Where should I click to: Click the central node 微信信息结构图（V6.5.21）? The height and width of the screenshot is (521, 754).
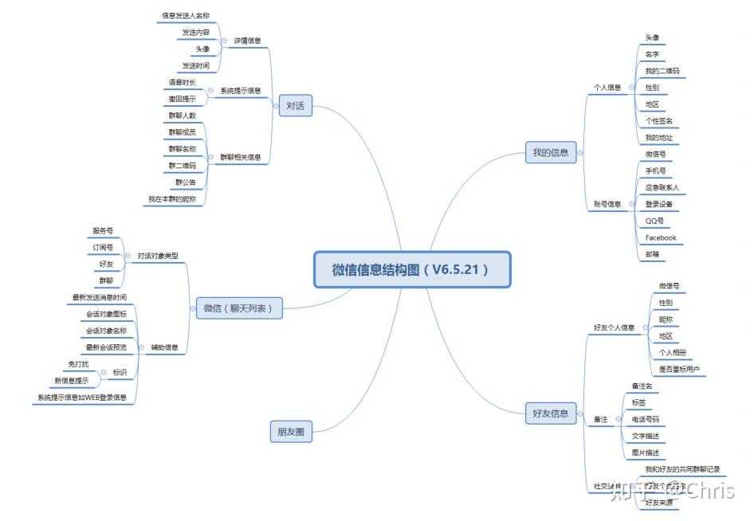[x=411, y=270]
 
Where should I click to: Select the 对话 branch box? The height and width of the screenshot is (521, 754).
[x=295, y=105]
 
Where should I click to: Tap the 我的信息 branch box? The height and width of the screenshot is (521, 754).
[x=551, y=152]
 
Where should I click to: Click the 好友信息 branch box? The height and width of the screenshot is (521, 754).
[x=551, y=413]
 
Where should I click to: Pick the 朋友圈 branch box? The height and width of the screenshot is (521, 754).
[x=290, y=432]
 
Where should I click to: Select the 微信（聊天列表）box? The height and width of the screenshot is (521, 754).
[x=239, y=308]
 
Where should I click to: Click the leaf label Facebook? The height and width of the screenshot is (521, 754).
[x=660, y=237]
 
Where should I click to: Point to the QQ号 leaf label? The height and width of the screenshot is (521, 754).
[x=654, y=221]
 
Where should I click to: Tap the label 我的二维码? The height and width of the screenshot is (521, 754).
[x=662, y=71]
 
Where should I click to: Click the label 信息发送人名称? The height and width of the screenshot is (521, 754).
[x=185, y=15]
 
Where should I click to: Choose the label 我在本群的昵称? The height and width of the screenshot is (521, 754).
[x=171, y=199]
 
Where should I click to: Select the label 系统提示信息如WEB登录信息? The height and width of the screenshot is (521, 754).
[x=82, y=397]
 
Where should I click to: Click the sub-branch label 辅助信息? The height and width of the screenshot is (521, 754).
[x=164, y=347]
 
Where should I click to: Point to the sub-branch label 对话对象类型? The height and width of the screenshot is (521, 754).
[x=157, y=256]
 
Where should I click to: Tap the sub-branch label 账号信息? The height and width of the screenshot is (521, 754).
[x=607, y=204]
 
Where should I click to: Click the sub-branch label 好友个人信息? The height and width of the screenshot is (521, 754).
[x=614, y=327]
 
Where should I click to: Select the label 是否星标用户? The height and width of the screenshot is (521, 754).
[x=678, y=369]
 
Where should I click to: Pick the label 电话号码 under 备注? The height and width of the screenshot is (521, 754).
[x=645, y=419]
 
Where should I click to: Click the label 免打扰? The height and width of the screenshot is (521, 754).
[x=78, y=364]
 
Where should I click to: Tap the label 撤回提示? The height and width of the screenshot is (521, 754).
[x=182, y=99]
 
